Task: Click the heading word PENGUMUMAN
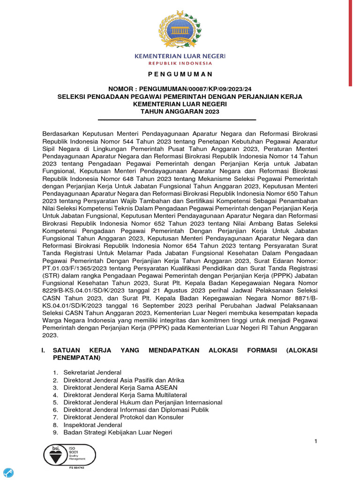click(x=180, y=74)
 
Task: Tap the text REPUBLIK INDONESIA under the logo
click(x=180, y=63)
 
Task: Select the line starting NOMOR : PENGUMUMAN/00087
click(x=180, y=89)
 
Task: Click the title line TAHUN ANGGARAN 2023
click(x=180, y=112)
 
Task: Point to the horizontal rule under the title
click(x=180, y=120)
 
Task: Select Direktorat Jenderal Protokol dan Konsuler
click(x=123, y=417)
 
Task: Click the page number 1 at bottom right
click(x=316, y=442)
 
